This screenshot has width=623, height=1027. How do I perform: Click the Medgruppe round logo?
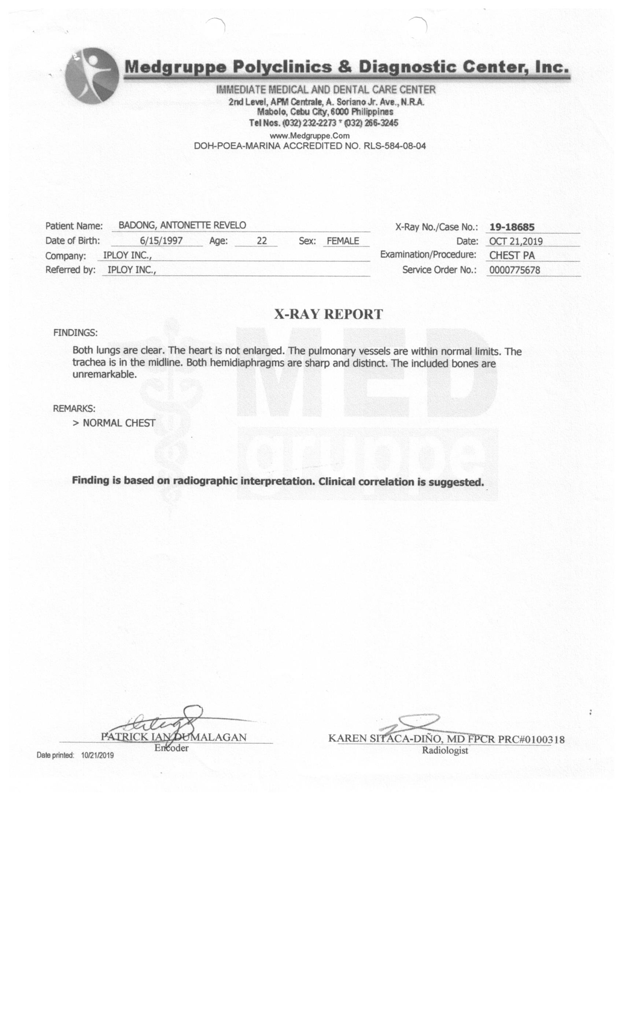tap(92, 76)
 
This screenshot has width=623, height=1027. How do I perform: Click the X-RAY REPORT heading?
tap(328, 314)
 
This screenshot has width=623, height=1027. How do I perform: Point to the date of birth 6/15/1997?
tap(161, 241)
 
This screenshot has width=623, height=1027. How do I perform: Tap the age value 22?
tap(262, 241)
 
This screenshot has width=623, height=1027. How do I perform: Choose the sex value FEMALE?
tap(342, 241)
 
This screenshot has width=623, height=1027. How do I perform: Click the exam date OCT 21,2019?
tap(516, 241)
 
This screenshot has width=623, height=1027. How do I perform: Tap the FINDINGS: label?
tap(75, 333)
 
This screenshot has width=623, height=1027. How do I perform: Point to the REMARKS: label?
tap(74, 409)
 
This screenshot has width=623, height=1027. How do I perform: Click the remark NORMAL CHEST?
tap(119, 423)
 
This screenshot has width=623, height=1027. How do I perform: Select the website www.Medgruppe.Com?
tap(309, 136)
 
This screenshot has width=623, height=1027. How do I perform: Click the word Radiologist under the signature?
tap(445, 751)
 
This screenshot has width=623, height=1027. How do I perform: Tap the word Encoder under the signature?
tap(171, 748)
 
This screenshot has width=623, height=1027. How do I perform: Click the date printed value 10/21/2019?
tap(97, 755)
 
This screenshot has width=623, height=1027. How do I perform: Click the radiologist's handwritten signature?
tap(410, 724)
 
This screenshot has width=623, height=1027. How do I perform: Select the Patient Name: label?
tap(74, 226)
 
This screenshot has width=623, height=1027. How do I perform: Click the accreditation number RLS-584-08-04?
tap(394, 146)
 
